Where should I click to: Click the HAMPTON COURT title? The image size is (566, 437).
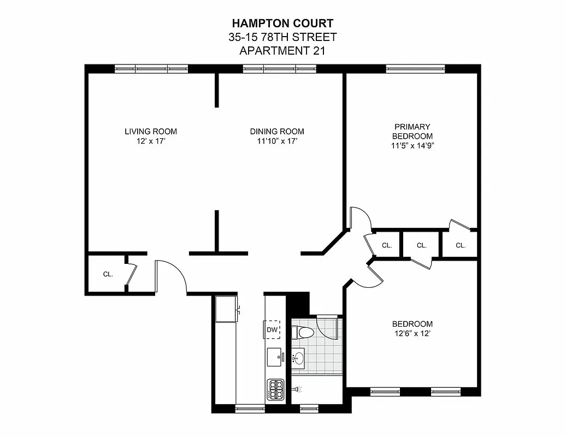[x=282, y=23]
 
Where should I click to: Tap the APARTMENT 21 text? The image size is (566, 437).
[x=282, y=51]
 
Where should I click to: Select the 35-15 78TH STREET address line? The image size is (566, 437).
[x=282, y=37]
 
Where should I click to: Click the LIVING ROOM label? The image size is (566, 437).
[x=151, y=132]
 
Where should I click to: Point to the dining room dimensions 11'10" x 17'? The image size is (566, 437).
[x=277, y=141]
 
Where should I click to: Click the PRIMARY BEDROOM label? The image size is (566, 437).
[x=412, y=131]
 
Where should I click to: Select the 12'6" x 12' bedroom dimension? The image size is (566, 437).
[x=412, y=333]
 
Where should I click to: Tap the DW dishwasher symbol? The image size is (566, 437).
[x=272, y=329]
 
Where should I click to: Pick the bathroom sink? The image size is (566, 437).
[x=299, y=358]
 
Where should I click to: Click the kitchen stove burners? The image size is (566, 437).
[x=275, y=390]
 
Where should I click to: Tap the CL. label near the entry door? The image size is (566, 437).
[x=108, y=274]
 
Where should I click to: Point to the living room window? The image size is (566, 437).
[x=151, y=69]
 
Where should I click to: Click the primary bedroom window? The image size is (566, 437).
[x=415, y=69]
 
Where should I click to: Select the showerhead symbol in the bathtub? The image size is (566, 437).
[x=298, y=389]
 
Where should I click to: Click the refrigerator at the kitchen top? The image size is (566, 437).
[x=226, y=310]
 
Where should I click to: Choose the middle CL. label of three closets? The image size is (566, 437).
[x=421, y=246]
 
